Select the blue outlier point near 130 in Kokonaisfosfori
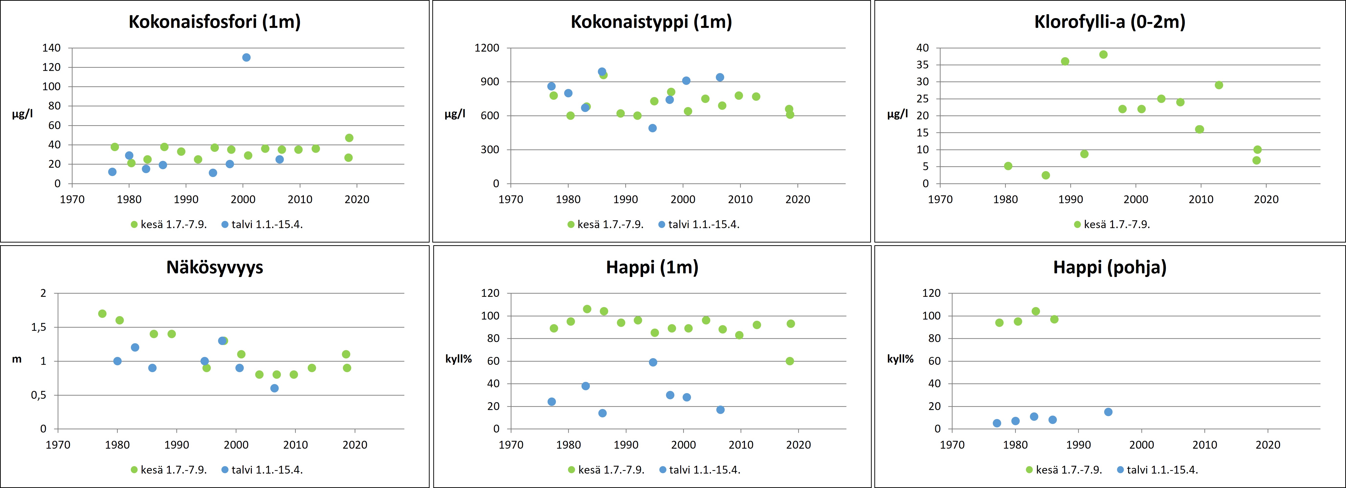click(x=246, y=57)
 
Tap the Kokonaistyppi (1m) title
click(x=651, y=22)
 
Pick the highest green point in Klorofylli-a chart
click(x=1103, y=54)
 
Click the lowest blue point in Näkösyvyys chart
click(x=274, y=388)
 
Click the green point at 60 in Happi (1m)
click(x=790, y=361)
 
